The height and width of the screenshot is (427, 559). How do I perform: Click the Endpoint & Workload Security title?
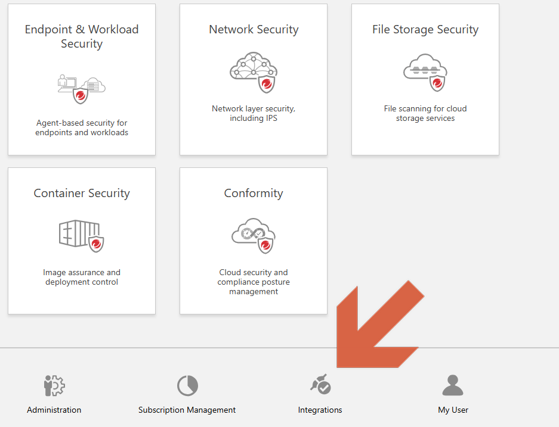82,36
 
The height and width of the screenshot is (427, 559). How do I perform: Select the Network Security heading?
254,29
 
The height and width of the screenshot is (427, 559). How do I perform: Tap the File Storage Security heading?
425,29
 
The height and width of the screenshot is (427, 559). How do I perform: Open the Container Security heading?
82,193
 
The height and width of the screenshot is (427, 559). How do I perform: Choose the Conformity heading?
254,193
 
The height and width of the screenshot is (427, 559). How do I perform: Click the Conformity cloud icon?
253,235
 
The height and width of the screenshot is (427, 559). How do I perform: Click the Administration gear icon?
54,386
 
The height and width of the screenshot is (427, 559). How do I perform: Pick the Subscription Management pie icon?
187,386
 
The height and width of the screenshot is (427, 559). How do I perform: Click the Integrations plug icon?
320,385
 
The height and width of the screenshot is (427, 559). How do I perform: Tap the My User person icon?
453,385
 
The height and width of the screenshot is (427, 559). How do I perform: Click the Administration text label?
54,410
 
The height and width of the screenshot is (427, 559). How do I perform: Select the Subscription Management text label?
187,410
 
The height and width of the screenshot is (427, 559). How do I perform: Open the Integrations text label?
320,410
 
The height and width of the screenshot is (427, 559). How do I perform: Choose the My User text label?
453,410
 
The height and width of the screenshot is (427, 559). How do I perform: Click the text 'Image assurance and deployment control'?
82,277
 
